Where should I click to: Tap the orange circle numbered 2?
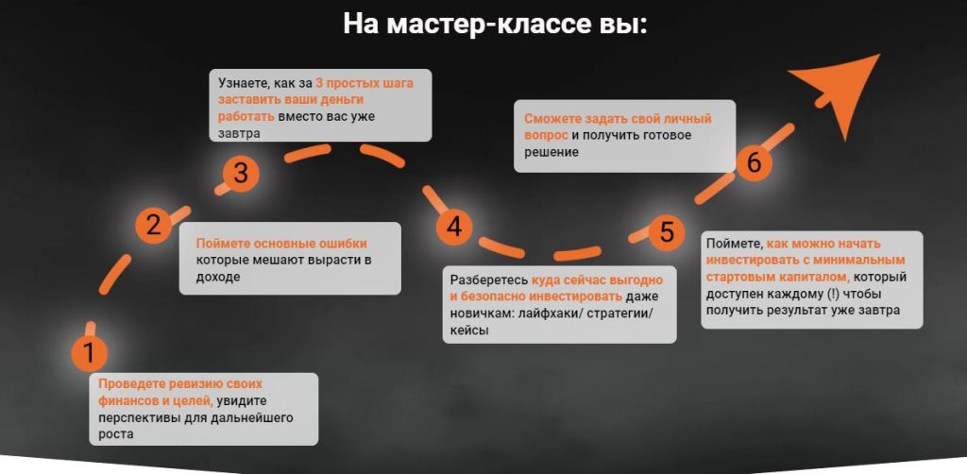153,225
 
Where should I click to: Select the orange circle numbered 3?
241,173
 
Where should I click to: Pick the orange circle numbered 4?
454,228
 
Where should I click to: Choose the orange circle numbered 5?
667,232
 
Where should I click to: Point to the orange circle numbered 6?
754,163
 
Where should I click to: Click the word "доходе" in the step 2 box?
218,278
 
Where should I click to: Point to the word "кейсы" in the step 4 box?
469,330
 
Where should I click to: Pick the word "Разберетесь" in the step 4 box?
489,279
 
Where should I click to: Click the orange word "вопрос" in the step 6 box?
546,135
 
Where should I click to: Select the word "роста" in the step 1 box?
115,434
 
